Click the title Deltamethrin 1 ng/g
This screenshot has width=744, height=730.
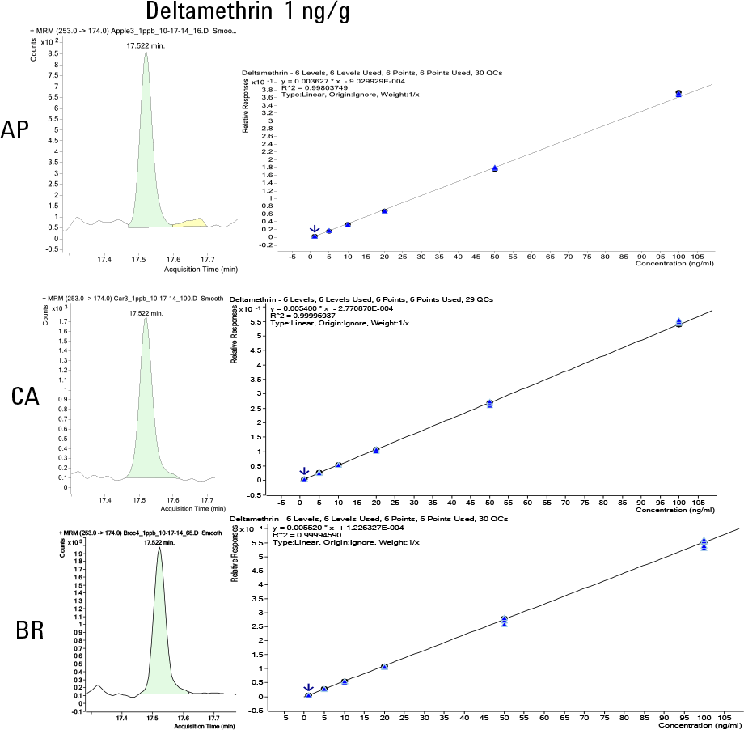point(248,13)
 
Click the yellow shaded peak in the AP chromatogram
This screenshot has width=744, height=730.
point(191,223)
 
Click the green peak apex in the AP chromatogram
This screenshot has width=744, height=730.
point(146,55)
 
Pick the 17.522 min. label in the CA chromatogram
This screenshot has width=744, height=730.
point(146,313)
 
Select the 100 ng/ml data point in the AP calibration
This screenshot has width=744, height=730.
point(678,94)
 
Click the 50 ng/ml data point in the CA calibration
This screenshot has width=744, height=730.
point(490,403)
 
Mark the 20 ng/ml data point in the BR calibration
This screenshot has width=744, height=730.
point(385,667)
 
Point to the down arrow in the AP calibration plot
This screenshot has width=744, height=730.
point(315,231)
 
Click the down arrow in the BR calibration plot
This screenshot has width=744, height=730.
point(308,688)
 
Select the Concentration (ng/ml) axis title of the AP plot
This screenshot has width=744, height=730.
point(674,263)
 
